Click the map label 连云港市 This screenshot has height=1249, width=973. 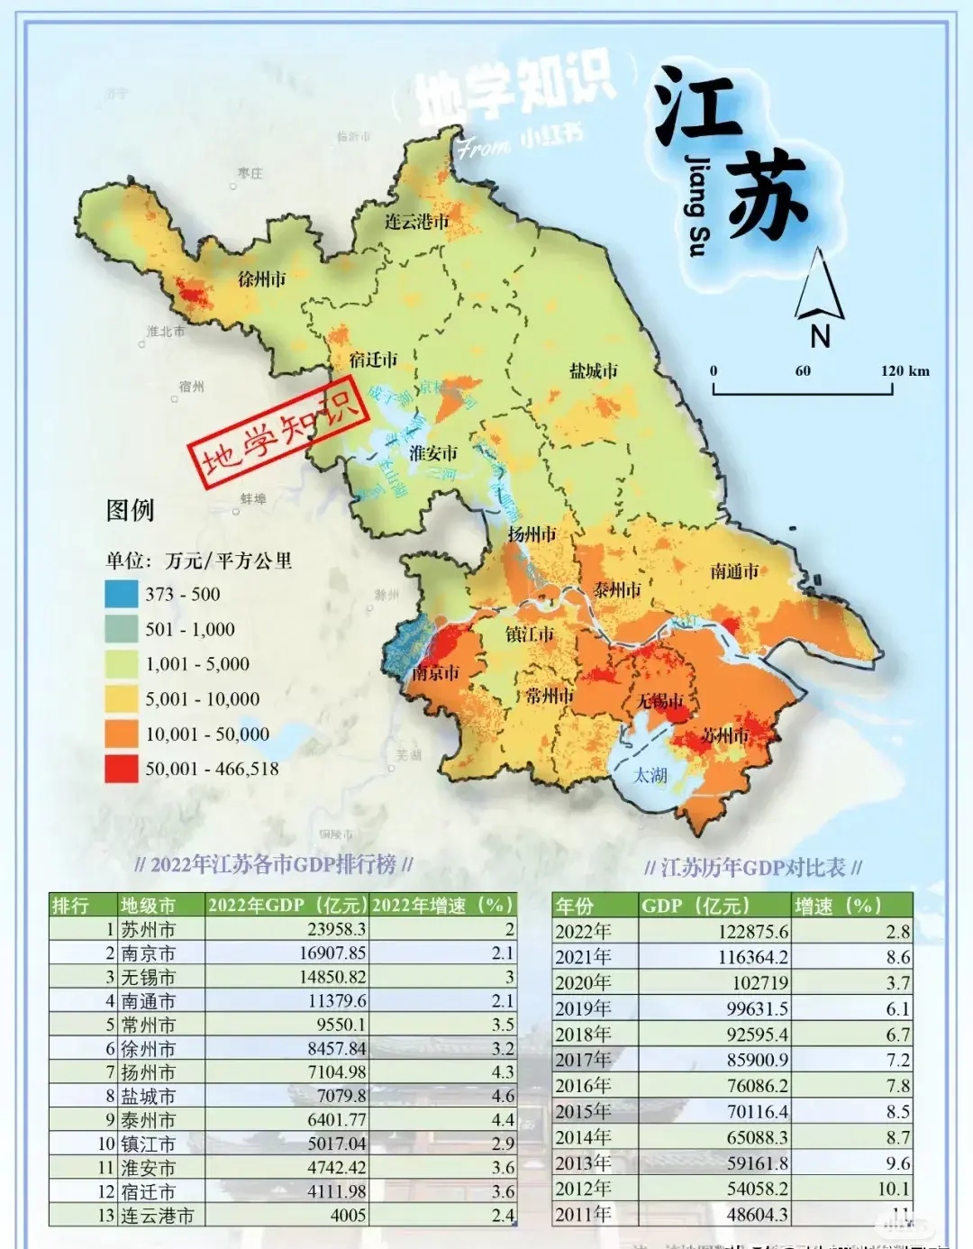416,221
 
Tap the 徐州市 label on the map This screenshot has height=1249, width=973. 261,278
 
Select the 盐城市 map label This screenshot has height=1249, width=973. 594,370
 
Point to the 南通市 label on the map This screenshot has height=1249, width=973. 734,570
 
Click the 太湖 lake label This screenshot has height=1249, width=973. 650,775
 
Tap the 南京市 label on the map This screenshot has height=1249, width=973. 436,672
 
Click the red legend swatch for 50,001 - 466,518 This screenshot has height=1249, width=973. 122,769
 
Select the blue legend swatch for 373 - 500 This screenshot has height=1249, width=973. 122,594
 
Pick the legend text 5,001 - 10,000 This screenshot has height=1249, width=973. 202,699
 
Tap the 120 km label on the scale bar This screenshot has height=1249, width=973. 905,371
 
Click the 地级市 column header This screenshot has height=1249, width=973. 148,905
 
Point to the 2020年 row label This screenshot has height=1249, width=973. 583,982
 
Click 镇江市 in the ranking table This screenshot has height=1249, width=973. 148,1144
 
